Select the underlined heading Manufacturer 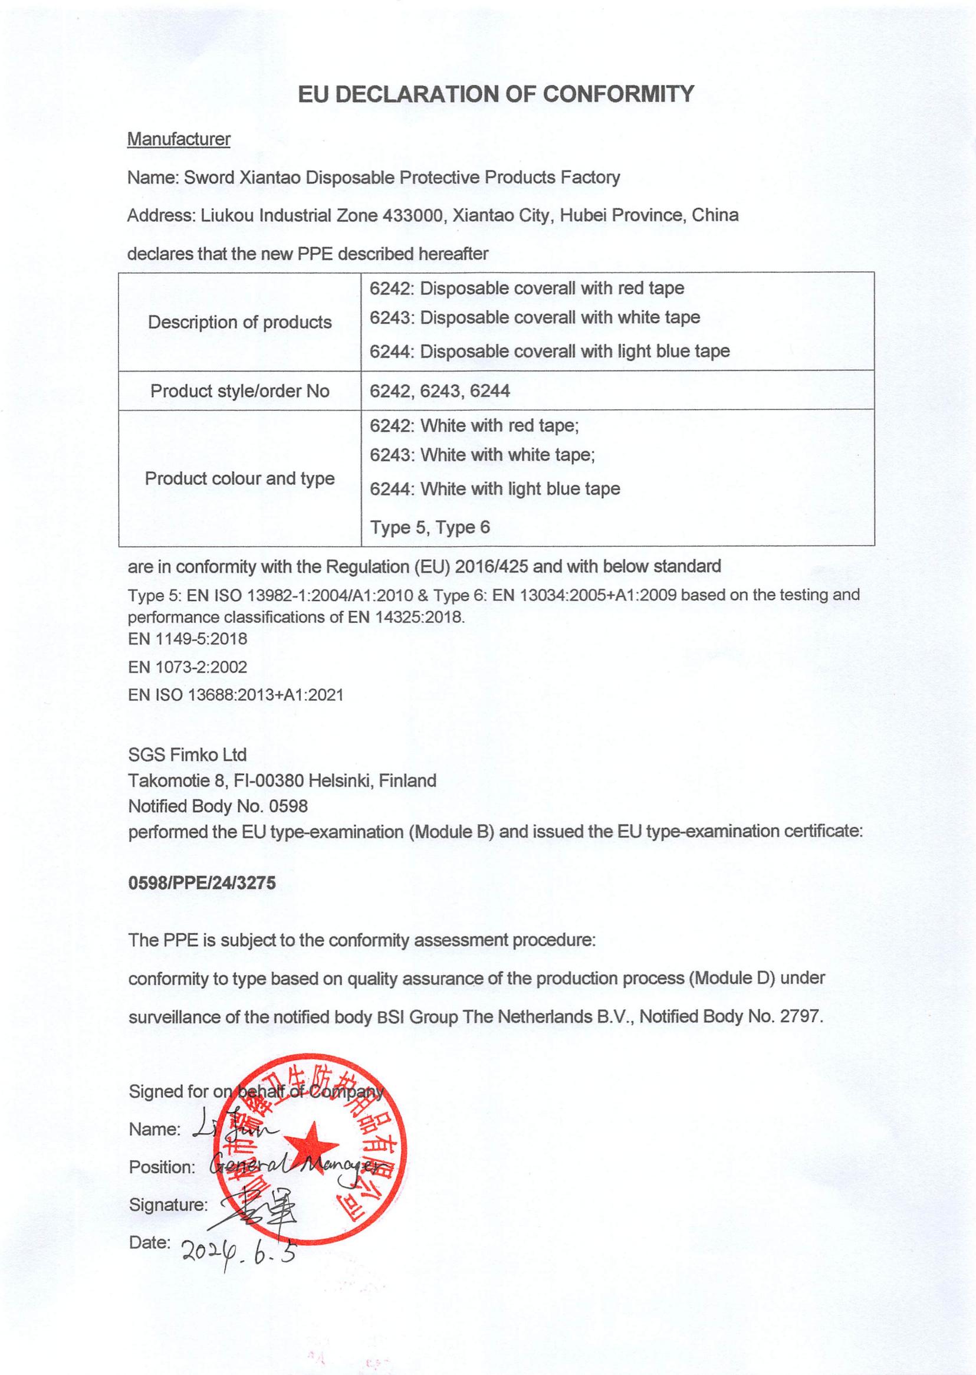coord(179,139)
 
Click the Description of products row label coord(240,322)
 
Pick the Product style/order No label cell coord(240,391)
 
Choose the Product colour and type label coord(240,478)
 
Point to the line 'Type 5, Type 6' coord(430,528)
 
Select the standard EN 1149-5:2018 coord(188,639)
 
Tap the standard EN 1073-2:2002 coord(188,667)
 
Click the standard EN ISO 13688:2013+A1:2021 coord(235,695)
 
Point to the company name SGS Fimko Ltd coord(188,755)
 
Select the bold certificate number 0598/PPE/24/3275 coord(202,883)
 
